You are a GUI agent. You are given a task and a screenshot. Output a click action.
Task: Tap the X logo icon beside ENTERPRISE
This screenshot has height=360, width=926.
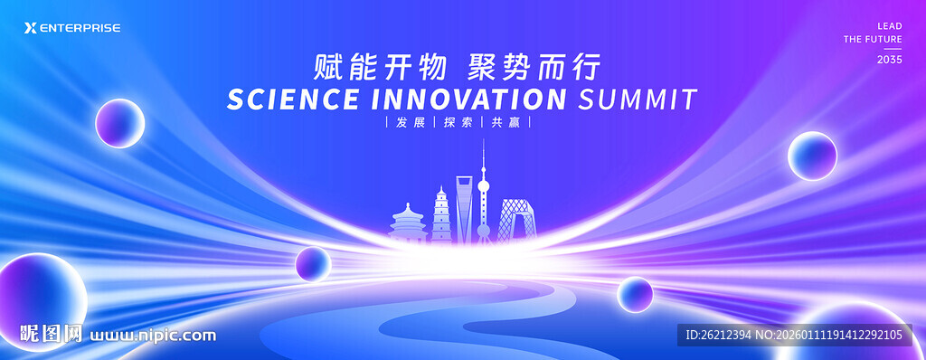click(30, 28)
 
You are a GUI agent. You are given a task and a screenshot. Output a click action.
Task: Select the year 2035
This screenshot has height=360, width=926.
click(890, 60)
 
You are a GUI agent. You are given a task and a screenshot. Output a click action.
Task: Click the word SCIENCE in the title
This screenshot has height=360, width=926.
click(293, 99)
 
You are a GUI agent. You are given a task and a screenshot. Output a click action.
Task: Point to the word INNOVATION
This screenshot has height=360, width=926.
click(469, 99)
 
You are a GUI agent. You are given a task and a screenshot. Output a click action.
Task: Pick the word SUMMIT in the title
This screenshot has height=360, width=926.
click(638, 99)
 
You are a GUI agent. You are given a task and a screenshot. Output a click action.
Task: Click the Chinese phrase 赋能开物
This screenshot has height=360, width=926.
click(381, 66)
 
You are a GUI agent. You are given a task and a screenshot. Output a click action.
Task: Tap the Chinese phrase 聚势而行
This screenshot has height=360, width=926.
click(534, 66)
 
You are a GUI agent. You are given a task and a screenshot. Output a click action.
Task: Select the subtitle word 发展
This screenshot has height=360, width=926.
click(410, 122)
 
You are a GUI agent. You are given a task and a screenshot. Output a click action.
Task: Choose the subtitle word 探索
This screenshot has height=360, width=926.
click(458, 122)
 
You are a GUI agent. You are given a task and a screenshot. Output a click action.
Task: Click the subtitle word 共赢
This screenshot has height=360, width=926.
click(506, 122)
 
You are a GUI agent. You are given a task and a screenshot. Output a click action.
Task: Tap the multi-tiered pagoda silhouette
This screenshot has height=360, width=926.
click(441, 216)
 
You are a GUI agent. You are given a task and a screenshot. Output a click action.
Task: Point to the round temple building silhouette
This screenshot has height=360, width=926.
click(408, 224)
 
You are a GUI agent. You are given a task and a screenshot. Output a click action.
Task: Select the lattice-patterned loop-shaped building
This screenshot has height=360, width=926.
click(515, 221)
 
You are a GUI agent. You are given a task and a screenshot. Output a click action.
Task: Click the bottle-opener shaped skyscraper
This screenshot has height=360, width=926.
click(464, 209)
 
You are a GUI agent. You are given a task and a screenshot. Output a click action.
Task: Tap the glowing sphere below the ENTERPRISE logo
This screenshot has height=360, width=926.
click(120, 123)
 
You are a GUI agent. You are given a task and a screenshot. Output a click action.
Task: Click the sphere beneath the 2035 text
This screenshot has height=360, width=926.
click(812, 156)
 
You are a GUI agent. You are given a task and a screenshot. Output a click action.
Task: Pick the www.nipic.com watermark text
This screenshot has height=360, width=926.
click(153, 336)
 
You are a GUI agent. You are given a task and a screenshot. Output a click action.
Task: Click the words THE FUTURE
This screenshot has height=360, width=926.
click(873, 40)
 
